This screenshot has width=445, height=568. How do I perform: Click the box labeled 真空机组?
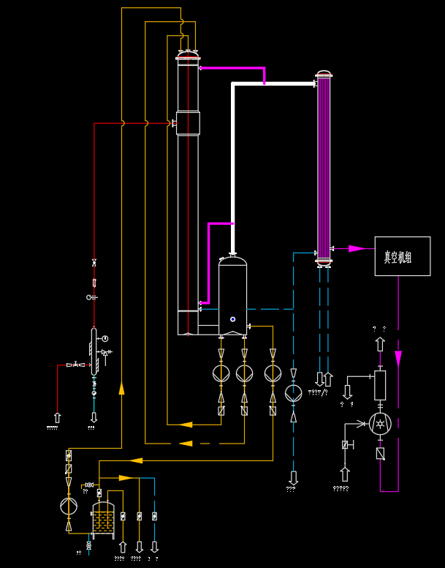[402, 256]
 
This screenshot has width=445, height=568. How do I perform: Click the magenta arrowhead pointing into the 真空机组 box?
[357, 249]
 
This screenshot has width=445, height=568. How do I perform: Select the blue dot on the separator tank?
[232, 318]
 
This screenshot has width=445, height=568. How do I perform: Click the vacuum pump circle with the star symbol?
[380, 423]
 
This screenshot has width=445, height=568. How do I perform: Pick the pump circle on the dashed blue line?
[294, 393]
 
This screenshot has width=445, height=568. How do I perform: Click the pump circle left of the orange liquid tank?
[69, 505]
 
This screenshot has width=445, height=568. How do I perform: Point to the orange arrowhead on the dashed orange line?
[186, 443]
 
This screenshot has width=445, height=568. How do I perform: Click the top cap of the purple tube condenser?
[323, 74]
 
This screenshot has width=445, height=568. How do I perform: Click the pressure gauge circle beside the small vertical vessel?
[105, 338]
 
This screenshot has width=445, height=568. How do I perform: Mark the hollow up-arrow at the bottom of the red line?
[58, 418]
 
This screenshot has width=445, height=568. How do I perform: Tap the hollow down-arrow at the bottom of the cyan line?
[154, 546]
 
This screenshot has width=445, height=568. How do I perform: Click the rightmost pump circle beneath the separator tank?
[272, 373]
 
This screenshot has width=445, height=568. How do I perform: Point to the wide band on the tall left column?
[189, 123]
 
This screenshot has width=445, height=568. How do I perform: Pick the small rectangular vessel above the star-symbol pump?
[380, 385]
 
